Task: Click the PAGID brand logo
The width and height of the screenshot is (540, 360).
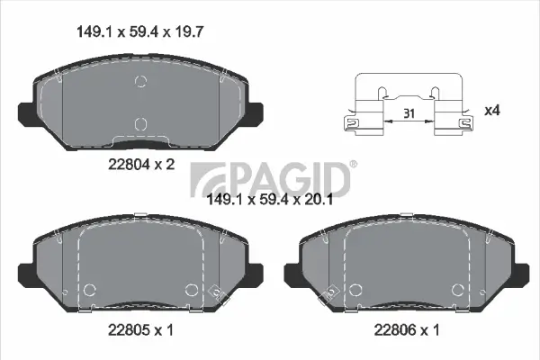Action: coord(271,175)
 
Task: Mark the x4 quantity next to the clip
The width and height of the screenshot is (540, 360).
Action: coord(491,110)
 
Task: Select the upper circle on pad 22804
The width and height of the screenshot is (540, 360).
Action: coord(139,83)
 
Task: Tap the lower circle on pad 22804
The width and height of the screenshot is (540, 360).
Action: coord(139,124)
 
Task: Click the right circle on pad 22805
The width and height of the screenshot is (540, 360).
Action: coord(191,290)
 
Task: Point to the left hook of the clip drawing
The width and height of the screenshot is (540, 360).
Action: coord(352,124)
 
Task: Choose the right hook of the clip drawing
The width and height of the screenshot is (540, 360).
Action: coord(465,124)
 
